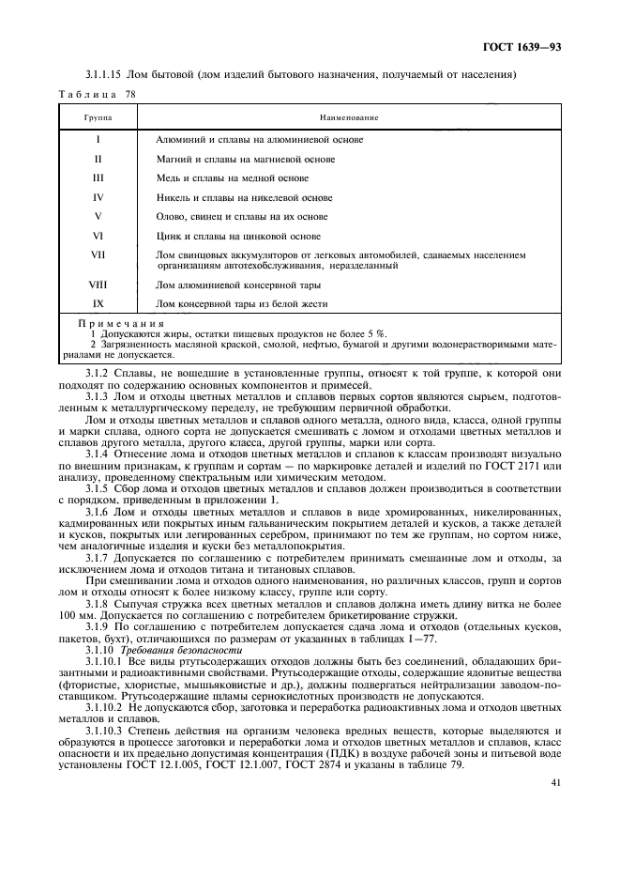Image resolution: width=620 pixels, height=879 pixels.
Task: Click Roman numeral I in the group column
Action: pos(98,139)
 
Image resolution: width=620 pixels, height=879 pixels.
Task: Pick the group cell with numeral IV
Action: pos(98,197)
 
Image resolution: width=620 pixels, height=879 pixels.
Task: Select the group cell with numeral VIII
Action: pos(98,284)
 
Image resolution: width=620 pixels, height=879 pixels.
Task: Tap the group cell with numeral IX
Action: pos(98,303)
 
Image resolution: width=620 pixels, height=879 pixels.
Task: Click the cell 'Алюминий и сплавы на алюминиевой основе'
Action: pos(259,139)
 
